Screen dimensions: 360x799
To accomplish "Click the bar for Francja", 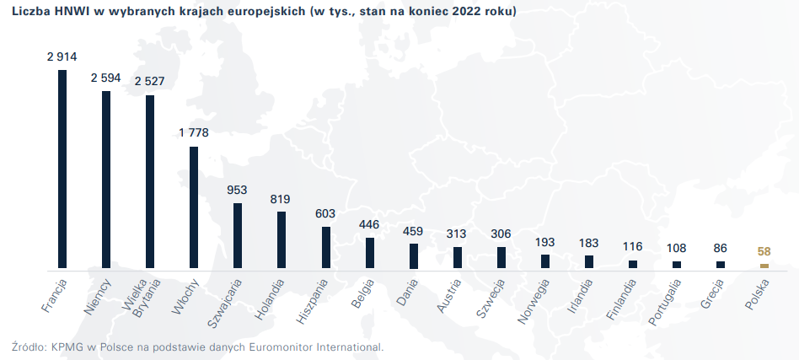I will point(62,169).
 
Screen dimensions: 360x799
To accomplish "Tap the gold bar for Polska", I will point(764,266).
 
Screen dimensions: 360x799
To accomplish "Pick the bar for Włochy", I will point(194,207).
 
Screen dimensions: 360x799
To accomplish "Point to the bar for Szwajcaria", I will point(238,235).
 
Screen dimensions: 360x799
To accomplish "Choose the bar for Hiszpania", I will point(326,247).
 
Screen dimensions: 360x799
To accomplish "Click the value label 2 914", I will point(62,57).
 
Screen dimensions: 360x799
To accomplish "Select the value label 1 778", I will point(194,133).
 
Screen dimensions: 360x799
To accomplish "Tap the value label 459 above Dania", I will point(414,230).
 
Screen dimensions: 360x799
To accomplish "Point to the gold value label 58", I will point(764,251).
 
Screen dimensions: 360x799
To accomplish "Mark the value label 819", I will point(282,199).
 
